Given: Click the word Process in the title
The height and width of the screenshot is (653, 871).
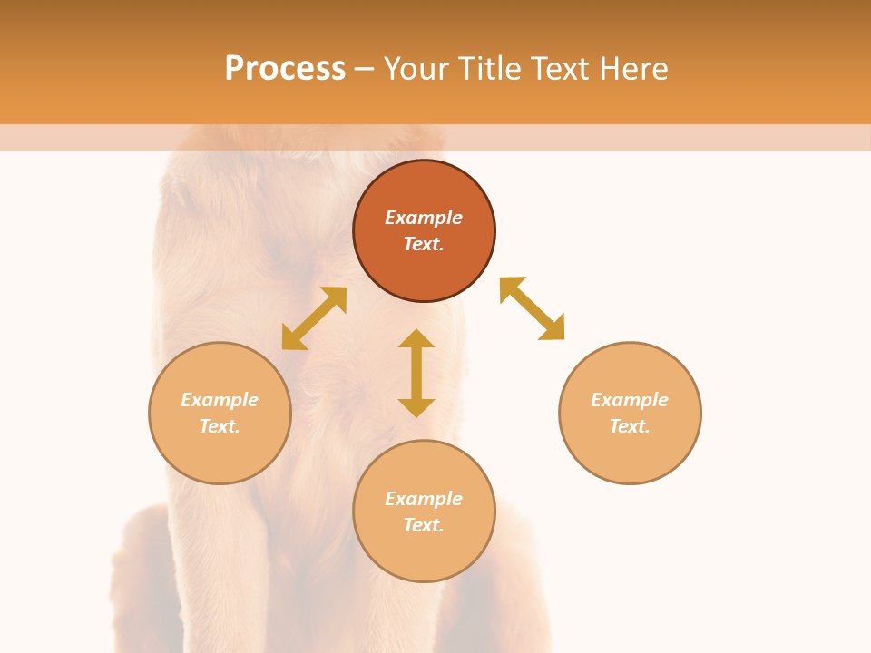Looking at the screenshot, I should (x=285, y=69).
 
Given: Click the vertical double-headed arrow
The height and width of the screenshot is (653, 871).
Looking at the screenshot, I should (x=416, y=373).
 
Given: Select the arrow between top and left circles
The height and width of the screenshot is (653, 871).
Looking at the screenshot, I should (x=314, y=318).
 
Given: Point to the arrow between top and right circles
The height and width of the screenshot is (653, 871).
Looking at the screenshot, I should (x=532, y=308).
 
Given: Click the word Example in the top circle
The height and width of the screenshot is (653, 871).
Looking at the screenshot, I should (x=424, y=218).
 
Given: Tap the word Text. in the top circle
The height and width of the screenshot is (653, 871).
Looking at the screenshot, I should (x=424, y=244).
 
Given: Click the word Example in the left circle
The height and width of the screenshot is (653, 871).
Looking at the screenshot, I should (x=220, y=400).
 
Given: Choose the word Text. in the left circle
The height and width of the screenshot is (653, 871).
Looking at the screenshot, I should (x=220, y=426).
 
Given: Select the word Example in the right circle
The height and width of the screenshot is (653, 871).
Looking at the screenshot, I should (x=630, y=400).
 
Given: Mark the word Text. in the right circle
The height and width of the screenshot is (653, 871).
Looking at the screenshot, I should (x=630, y=426).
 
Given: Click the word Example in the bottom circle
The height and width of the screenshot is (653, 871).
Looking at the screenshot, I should (x=424, y=499).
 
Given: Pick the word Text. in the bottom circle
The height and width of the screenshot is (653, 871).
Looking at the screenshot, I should (x=424, y=525).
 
